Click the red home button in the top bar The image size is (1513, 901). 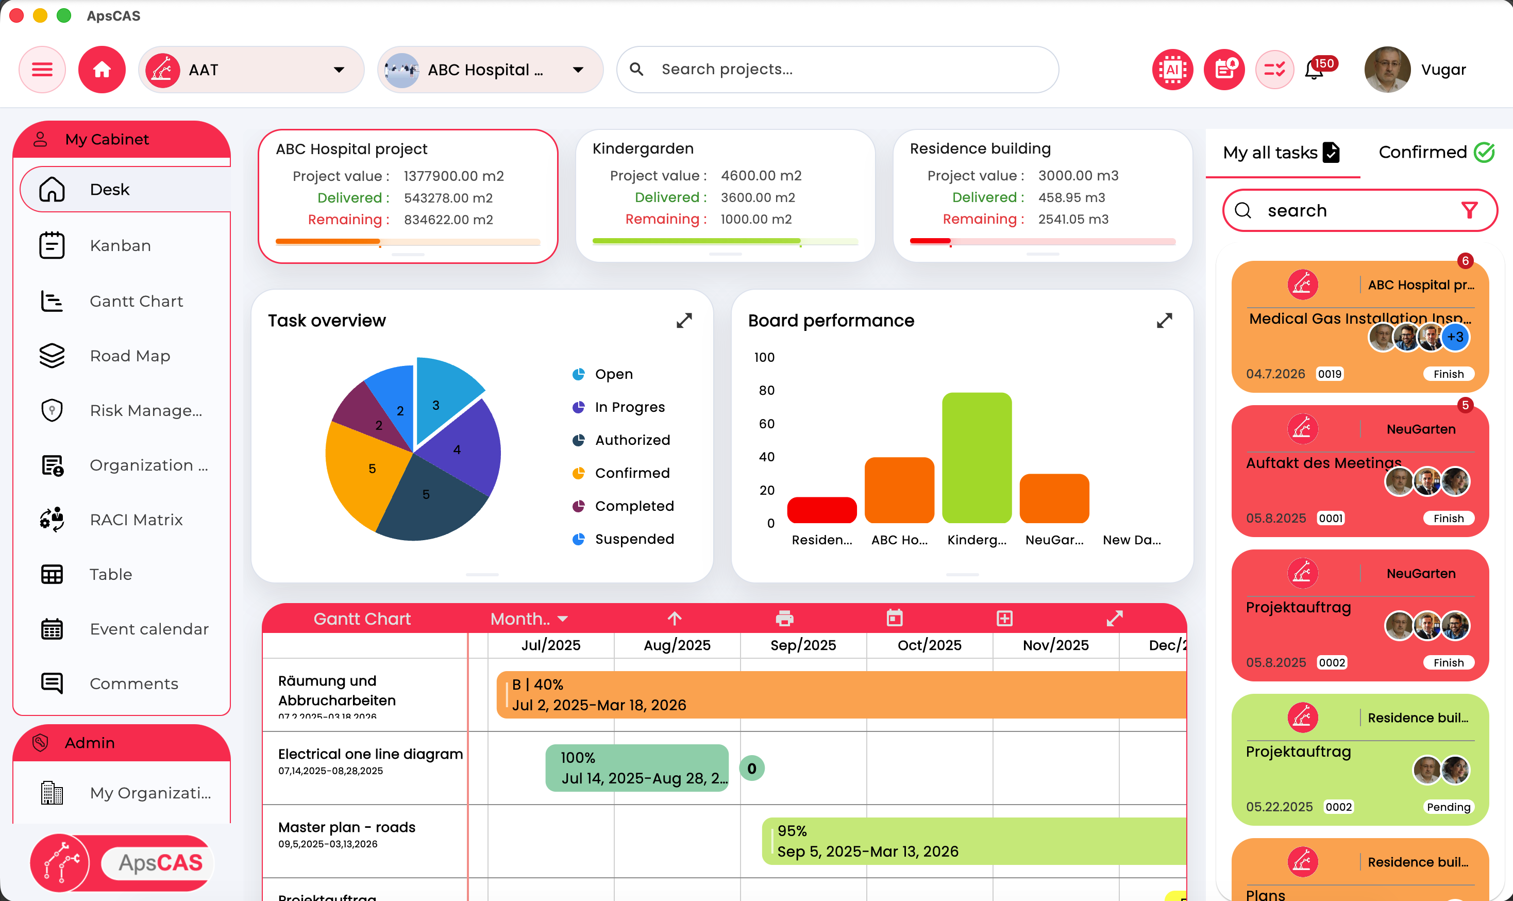102,70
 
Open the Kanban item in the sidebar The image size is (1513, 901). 120,245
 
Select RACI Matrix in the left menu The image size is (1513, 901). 136,520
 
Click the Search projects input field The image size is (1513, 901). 837,70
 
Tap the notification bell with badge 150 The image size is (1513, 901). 1314,71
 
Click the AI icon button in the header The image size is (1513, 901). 1172,70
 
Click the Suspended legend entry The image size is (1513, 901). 634,539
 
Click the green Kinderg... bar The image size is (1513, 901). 976,458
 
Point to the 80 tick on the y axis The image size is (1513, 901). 766,390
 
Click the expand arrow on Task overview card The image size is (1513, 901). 684,321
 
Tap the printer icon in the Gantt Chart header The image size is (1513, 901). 784,619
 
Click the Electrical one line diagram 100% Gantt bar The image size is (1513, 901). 636,767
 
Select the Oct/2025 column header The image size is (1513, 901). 929,645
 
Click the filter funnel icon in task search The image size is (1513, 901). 1469,211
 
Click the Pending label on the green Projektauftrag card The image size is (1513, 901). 1448,807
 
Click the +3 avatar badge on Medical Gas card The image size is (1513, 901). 1455,338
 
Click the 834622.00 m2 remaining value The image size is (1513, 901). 448,220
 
